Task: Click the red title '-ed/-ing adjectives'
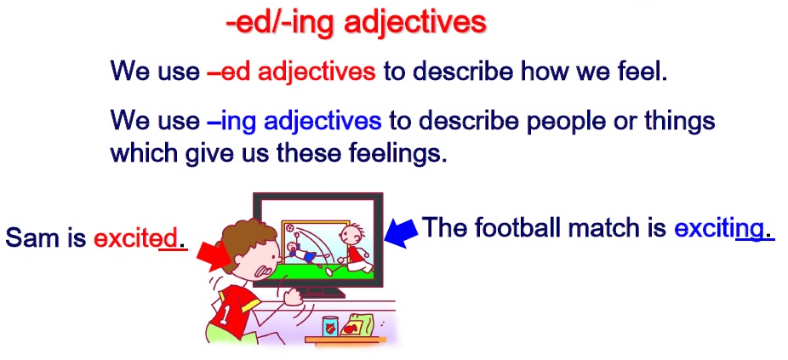pyautogui.click(x=357, y=24)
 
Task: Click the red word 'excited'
pyautogui.click(x=135, y=237)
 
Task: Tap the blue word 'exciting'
pyautogui.click(x=719, y=229)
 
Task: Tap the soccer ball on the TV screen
pyautogui.click(x=290, y=228)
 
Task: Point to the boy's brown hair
pyautogui.click(x=246, y=239)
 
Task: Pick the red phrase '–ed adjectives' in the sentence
pyautogui.click(x=291, y=71)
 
